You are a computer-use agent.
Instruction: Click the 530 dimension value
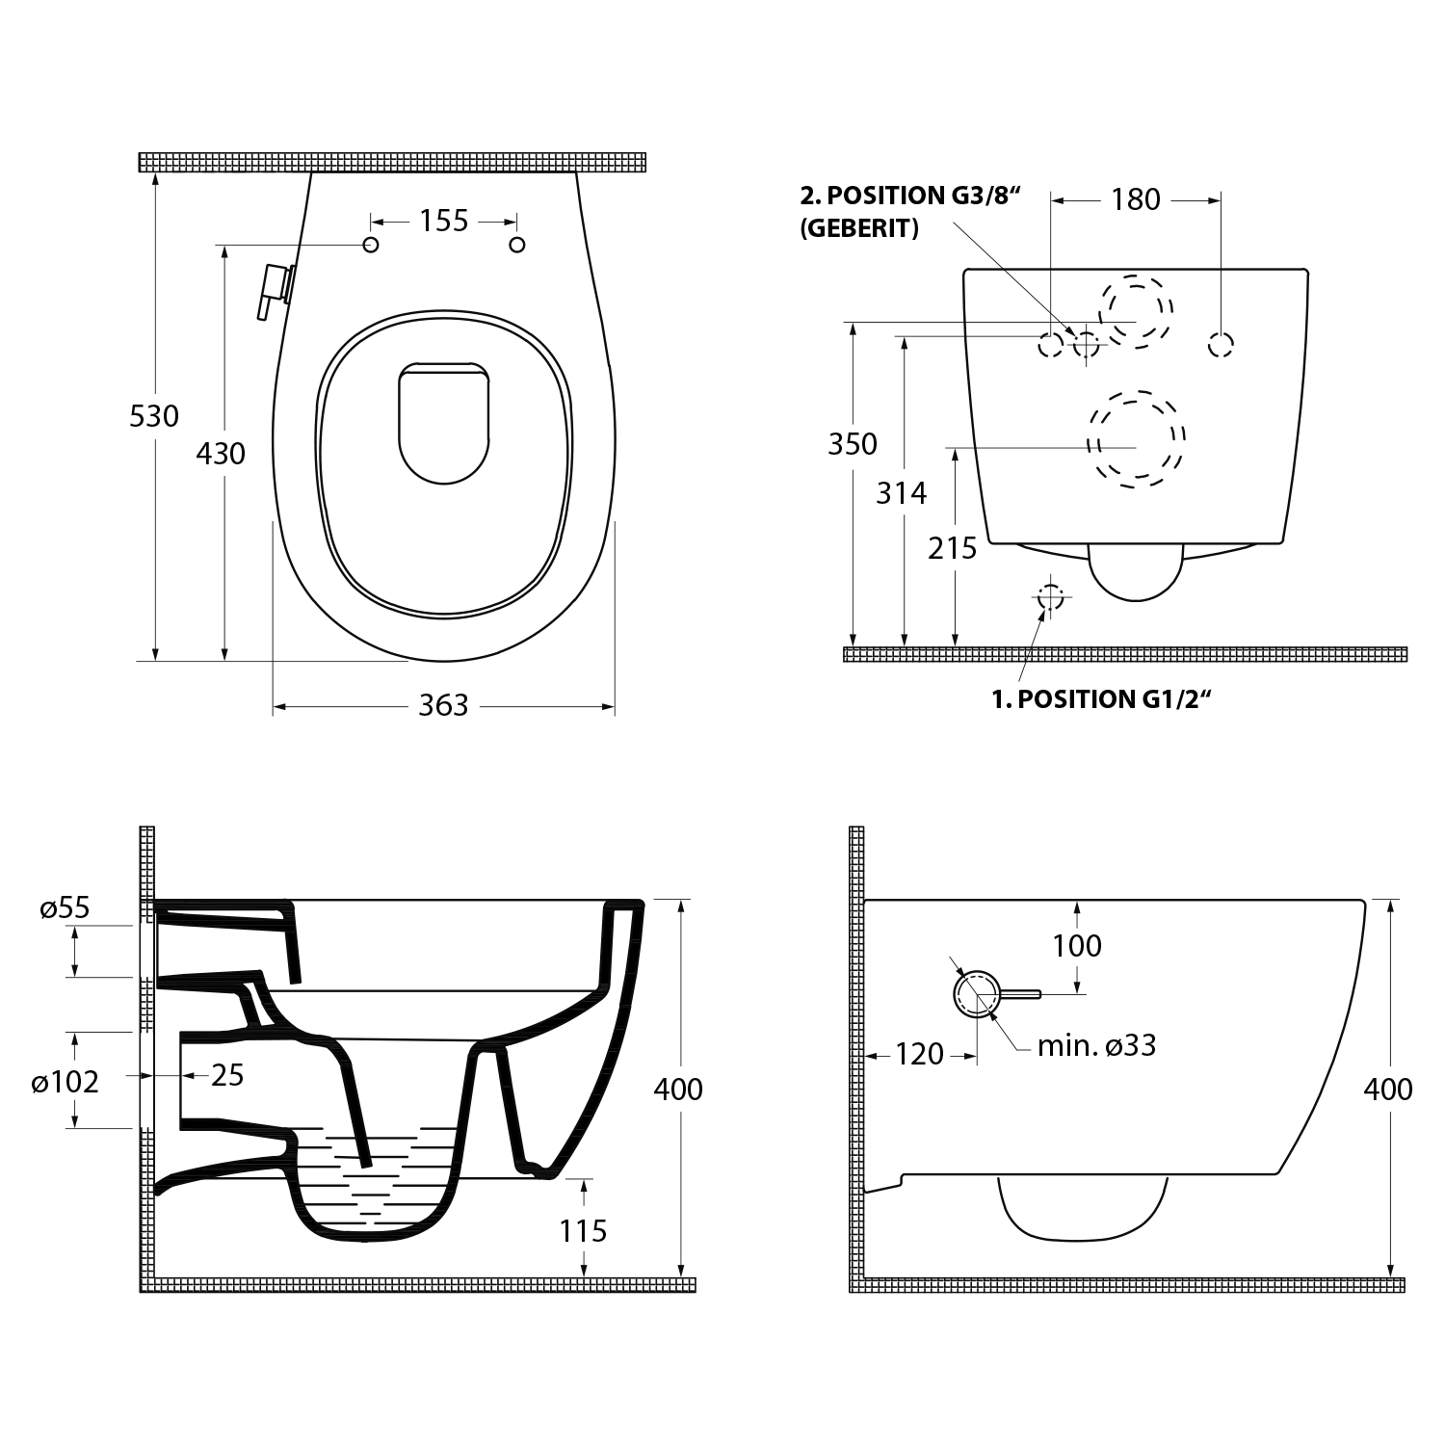[154, 416]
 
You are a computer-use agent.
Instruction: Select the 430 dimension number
[221, 453]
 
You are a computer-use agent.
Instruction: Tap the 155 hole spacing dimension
[443, 221]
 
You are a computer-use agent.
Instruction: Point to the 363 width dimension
[443, 705]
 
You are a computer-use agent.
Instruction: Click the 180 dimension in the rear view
[1136, 199]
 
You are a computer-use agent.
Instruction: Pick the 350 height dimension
[853, 444]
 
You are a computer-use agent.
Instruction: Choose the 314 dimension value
[901, 493]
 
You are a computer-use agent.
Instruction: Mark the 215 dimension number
[952, 548]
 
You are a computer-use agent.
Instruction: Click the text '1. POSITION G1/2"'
[1100, 698]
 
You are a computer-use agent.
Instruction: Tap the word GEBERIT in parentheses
[859, 229]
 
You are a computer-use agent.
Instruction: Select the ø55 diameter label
[65, 907]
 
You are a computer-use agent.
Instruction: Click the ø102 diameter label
[65, 1082]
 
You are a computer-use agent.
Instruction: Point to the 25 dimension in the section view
[227, 1075]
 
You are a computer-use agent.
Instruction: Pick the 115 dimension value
[583, 1230]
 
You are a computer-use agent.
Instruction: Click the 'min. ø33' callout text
[1096, 1045]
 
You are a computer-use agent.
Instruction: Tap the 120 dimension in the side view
[919, 1054]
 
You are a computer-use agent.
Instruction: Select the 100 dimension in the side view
[1076, 945]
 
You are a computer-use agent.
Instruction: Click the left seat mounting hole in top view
[371, 245]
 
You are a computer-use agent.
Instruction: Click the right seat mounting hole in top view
[517, 245]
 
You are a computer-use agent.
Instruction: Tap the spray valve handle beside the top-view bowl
[273, 290]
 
